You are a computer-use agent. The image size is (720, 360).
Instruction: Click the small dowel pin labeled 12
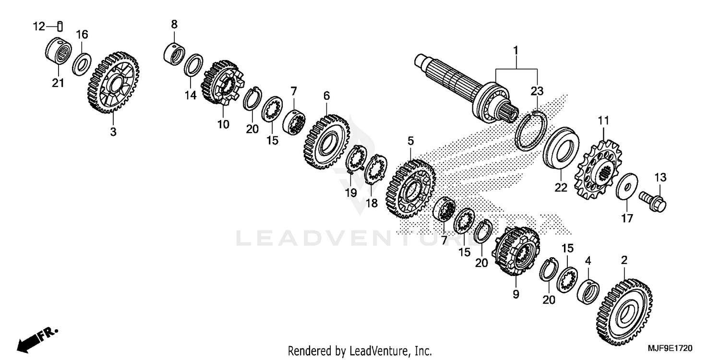[60, 26]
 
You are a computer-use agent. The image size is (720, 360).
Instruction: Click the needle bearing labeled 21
[58, 50]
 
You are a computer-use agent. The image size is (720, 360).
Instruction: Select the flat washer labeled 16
[82, 64]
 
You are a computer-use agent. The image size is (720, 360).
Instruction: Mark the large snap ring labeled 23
[531, 130]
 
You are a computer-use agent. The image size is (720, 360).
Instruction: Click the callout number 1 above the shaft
[516, 50]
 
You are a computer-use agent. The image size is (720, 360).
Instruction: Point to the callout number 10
[223, 124]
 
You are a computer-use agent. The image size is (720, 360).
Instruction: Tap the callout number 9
[516, 294]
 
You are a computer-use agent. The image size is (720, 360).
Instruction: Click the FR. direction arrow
[36, 338]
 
